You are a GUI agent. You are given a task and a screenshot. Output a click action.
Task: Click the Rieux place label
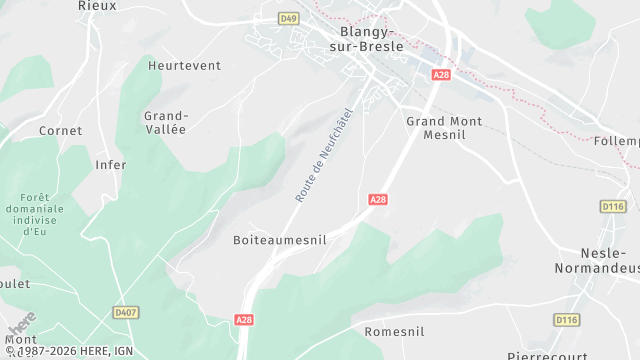(97, 5)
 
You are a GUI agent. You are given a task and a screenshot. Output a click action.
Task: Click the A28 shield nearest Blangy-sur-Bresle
(441, 74)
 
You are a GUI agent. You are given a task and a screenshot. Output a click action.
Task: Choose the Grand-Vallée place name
(166, 122)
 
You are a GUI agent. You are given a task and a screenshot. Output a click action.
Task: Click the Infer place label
(111, 164)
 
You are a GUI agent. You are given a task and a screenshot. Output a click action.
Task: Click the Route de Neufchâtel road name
(325, 155)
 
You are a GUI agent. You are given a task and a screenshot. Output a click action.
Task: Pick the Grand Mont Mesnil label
(444, 128)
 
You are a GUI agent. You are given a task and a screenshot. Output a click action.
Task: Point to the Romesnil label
(394, 331)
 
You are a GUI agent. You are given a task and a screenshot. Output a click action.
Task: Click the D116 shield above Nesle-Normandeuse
(613, 206)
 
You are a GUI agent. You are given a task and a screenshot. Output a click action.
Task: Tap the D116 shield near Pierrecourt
(567, 319)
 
